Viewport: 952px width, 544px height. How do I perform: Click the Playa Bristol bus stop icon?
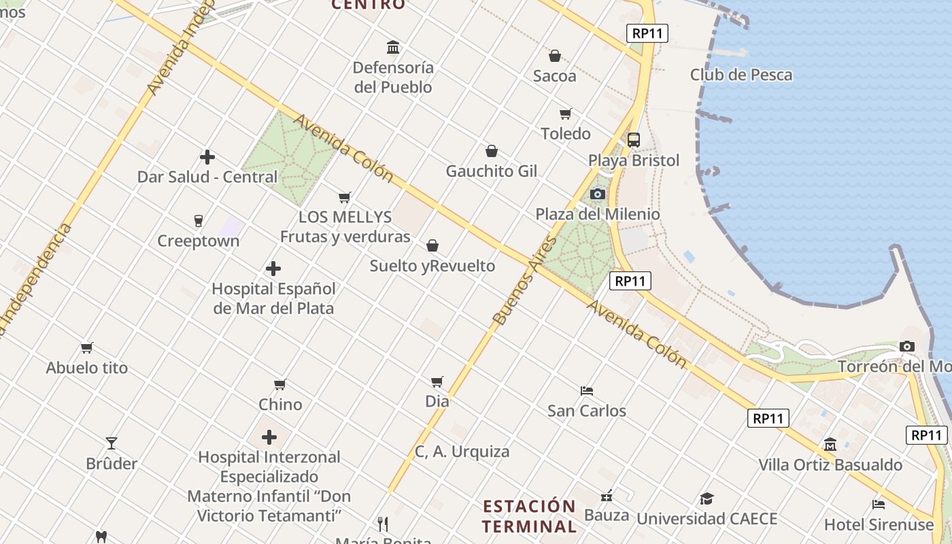tap(634, 140)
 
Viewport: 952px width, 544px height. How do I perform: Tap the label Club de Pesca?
tap(741, 75)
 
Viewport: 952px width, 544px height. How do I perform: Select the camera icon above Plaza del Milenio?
tap(598, 194)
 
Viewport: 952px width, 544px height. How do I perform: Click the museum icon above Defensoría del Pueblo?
tap(393, 47)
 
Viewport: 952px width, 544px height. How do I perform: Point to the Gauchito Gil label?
tap(491, 171)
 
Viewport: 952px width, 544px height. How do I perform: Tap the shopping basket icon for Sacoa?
tap(555, 56)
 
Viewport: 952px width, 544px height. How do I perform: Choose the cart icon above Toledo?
tap(565, 114)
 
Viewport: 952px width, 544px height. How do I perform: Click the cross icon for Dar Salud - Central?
tap(207, 157)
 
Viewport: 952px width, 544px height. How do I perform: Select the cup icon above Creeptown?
tap(199, 220)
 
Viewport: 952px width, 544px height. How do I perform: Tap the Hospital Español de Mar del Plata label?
tap(273, 299)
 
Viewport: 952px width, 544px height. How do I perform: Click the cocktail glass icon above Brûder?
tap(112, 443)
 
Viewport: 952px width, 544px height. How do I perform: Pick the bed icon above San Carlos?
tap(587, 390)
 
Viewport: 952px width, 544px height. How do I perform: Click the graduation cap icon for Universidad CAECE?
tap(707, 498)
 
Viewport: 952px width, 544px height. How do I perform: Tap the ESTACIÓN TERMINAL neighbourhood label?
tap(529, 516)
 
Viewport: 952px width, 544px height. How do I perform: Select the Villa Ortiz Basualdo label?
tap(830, 465)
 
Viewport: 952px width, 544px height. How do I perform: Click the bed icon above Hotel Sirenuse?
tap(879, 504)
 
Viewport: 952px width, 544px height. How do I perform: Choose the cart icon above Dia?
tap(437, 381)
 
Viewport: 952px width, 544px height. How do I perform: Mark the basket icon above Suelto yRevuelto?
tap(432, 245)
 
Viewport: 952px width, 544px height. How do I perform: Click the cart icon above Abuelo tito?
tap(87, 347)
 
